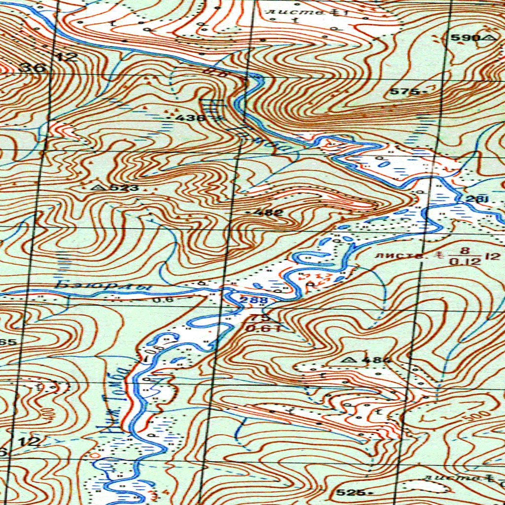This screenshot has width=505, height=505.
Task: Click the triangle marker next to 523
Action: click(97, 188)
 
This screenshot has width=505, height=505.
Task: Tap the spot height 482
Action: click(270, 213)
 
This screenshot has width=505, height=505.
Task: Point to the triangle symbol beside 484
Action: click(351, 361)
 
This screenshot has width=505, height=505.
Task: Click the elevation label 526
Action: click(352, 492)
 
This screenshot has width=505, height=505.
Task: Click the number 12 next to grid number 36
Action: click(67, 57)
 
